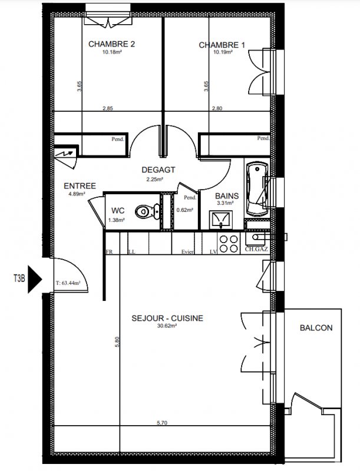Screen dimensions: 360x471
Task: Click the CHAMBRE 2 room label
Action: coord(111,44)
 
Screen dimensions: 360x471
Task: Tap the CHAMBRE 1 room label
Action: coord(222,45)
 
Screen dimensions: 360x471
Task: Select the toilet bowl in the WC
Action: coord(147,212)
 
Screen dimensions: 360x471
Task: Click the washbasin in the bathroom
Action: coord(221,220)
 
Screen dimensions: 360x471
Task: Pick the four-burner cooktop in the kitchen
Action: coord(229,244)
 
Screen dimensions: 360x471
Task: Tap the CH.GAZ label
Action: coord(256,249)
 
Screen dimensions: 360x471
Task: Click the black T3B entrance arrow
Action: coord(35,279)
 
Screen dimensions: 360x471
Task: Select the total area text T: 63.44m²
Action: coord(68,283)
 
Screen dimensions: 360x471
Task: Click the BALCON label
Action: coord(316,328)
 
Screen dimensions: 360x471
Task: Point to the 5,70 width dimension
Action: coord(162,423)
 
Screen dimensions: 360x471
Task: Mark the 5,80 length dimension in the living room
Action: coord(117,342)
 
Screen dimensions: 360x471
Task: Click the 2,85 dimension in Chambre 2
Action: coord(108,108)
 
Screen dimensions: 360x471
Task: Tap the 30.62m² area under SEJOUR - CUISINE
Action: coord(167,326)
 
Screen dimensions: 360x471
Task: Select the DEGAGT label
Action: coord(158,170)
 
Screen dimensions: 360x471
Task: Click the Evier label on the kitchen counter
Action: coord(187,252)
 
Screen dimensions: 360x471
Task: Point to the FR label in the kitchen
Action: coord(109,252)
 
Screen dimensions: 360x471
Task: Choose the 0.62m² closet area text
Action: coord(185,210)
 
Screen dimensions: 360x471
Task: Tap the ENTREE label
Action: coord(80,186)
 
